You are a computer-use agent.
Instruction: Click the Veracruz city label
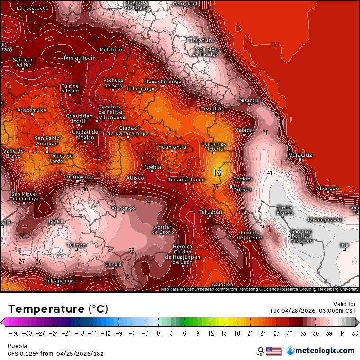point(300,155)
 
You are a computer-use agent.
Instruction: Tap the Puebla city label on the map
point(152,167)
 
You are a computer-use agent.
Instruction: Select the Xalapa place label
point(244,130)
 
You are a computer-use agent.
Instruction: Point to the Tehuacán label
point(210,212)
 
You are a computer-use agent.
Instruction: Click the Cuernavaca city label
point(78,176)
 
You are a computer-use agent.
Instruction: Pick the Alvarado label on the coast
point(327,189)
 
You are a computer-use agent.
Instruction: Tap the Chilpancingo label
point(58,281)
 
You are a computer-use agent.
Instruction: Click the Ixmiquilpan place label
point(79,58)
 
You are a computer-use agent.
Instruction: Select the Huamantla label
point(172,147)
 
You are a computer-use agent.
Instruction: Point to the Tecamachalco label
point(186,180)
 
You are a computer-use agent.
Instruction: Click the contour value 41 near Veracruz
point(270,173)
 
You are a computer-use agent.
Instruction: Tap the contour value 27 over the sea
point(274,44)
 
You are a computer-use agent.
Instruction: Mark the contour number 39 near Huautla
point(261,227)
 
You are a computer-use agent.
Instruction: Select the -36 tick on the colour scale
point(14,333)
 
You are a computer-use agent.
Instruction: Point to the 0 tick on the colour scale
point(158,333)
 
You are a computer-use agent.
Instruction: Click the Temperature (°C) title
point(58,309)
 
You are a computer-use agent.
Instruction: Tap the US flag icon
point(274,351)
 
